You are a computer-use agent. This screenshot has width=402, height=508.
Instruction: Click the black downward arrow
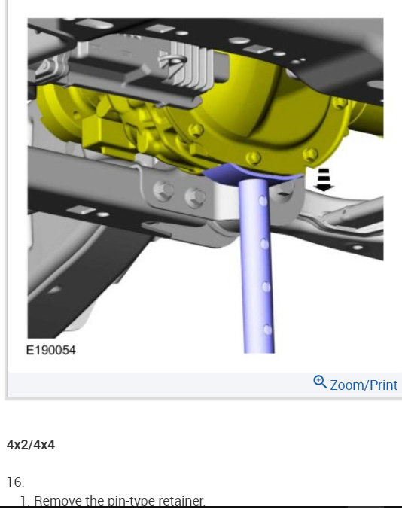(x=324, y=180)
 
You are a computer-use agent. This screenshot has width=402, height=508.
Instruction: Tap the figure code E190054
(x=51, y=350)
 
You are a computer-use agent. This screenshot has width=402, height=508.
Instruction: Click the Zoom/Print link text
(x=364, y=385)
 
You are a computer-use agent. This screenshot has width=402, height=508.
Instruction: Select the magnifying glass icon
(x=320, y=382)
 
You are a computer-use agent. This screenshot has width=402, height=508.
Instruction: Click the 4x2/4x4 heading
(x=31, y=445)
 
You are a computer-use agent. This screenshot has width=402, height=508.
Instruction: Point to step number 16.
(x=15, y=482)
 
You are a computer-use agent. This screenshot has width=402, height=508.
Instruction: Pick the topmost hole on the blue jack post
(x=263, y=201)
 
